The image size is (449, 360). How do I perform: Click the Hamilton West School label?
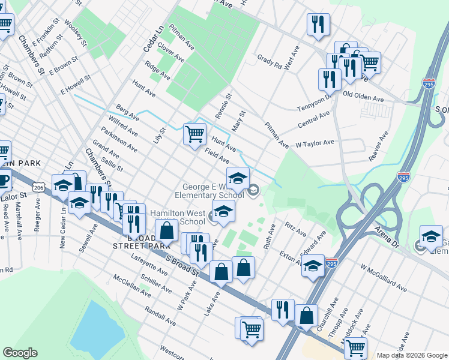(x=178, y=217)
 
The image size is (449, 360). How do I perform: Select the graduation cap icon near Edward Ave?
(x=312, y=266)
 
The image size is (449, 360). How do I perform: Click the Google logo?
(x=20, y=353)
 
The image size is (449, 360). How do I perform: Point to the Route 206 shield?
(x=39, y=187)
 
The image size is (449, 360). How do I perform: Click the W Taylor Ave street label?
(x=315, y=144)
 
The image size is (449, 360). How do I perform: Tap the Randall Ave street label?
(x=160, y=316)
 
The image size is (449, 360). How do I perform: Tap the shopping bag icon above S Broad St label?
(x=167, y=230)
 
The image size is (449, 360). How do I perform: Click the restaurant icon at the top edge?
(x=317, y=24)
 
